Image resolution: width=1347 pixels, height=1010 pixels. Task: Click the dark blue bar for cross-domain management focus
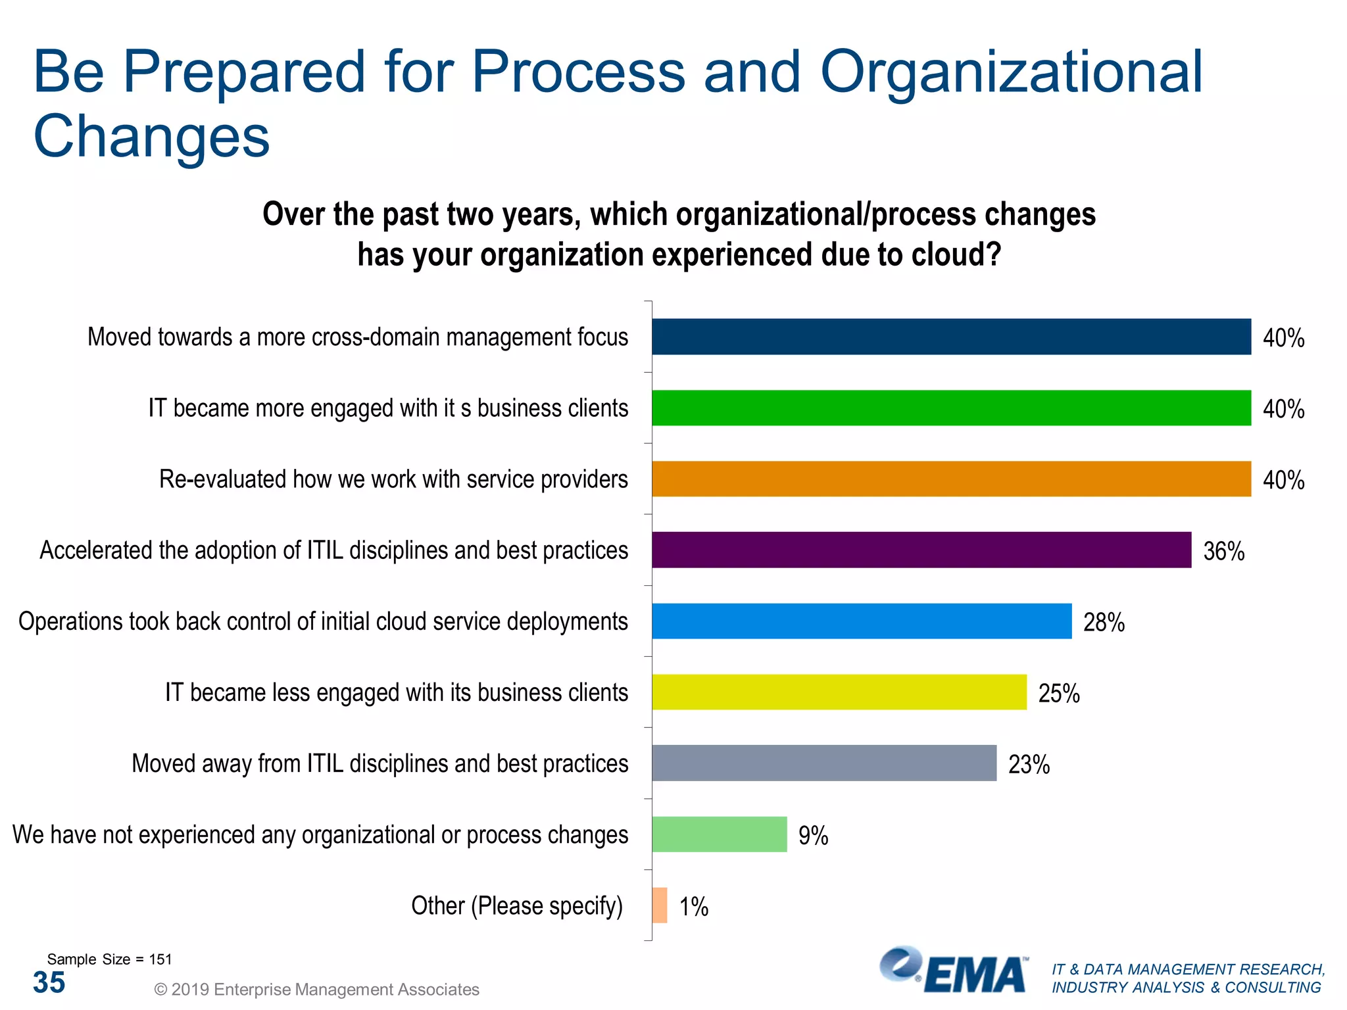(951, 337)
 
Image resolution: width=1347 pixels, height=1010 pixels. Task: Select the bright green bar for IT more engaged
(951, 408)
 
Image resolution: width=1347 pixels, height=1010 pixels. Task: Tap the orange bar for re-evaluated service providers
(951, 479)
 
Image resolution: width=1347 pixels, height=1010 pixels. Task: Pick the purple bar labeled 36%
(921, 550)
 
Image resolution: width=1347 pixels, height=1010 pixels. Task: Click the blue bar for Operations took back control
(862, 621)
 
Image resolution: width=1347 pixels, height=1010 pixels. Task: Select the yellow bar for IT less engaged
(839, 692)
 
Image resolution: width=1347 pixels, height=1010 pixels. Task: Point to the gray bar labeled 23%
(823, 763)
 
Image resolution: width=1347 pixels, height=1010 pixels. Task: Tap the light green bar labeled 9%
(719, 834)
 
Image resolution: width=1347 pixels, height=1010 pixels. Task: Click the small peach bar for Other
(660, 905)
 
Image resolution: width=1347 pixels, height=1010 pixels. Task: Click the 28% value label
(1104, 622)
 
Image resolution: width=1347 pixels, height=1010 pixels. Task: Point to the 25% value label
(1058, 693)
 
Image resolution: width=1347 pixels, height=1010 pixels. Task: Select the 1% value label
(693, 907)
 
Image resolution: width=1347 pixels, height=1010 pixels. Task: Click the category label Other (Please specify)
(516, 905)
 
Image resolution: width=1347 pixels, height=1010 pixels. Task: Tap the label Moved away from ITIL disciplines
(380, 763)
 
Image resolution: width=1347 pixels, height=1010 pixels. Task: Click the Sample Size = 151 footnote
(109, 959)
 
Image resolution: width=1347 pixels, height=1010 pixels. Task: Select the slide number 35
(49, 982)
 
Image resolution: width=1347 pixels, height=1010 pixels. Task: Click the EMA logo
(954, 971)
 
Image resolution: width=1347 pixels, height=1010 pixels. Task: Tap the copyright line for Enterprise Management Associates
(316, 989)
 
